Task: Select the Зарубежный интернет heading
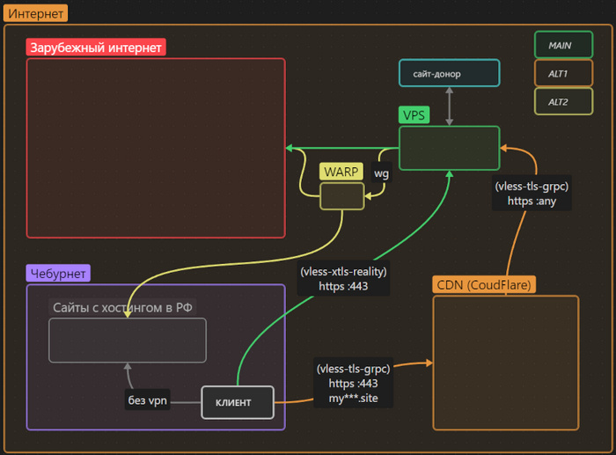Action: point(96,48)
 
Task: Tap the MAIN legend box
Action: point(563,45)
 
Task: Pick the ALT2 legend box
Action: point(563,101)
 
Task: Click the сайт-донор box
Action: point(449,73)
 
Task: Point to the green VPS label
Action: point(414,115)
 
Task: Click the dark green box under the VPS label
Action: point(449,147)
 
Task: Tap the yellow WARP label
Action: point(341,171)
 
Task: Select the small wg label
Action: point(381,173)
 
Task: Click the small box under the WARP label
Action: point(341,196)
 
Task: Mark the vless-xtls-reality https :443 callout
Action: point(343,279)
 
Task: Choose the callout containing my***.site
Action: point(353,384)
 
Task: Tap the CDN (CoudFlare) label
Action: point(485,285)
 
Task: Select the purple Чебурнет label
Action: point(57,274)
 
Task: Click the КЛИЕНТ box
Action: point(238,402)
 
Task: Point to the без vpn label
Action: point(146,401)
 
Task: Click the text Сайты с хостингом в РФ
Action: point(122,307)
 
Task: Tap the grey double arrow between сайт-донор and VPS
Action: point(450,106)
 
